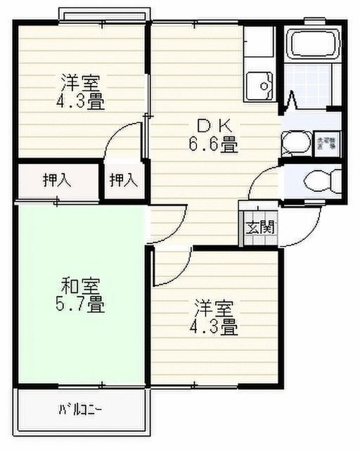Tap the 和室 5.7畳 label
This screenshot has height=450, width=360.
tap(82, 296)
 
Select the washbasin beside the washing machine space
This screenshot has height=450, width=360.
tap(293, 144)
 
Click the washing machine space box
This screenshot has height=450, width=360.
tap(328, 143)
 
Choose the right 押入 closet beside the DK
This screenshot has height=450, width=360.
tap(123, 180)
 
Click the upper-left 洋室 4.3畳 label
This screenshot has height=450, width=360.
tap(82, 91)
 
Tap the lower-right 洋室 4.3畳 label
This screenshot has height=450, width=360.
tap(215, 317)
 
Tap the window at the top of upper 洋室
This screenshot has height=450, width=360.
tap(103, 16)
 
